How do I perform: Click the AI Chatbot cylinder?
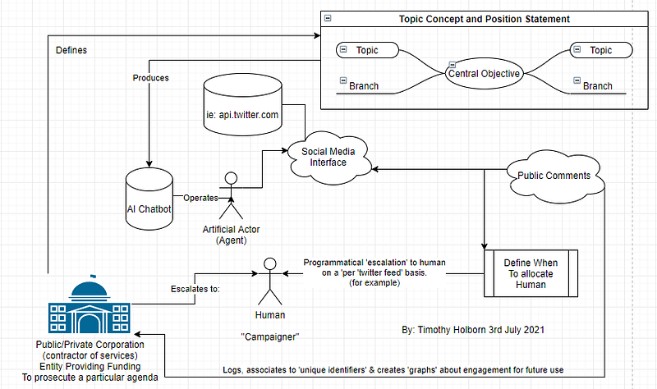[x=149, y=199]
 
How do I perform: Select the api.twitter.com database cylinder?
[x=242, y=105]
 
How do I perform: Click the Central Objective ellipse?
[x=484, y=73]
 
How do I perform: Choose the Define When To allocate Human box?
[x=531, y=273]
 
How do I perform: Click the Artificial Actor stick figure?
[x=231, y=195]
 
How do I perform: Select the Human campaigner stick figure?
[x=270, y=281]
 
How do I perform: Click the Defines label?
[x=71, y=50]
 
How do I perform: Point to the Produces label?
[x=151, y=78]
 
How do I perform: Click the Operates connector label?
[x=200, y=198]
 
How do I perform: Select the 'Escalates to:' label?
[x=195, y=289]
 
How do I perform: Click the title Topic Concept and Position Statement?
[x=485, y=19]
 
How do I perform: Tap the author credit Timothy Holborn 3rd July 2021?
[x=473, y=330]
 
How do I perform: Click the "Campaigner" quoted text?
[x=270, y=336]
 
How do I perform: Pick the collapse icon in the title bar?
[x=328, y=18]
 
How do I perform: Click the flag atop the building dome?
[x=93, y=276]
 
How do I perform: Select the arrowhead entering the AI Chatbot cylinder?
[x=149, y=164]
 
